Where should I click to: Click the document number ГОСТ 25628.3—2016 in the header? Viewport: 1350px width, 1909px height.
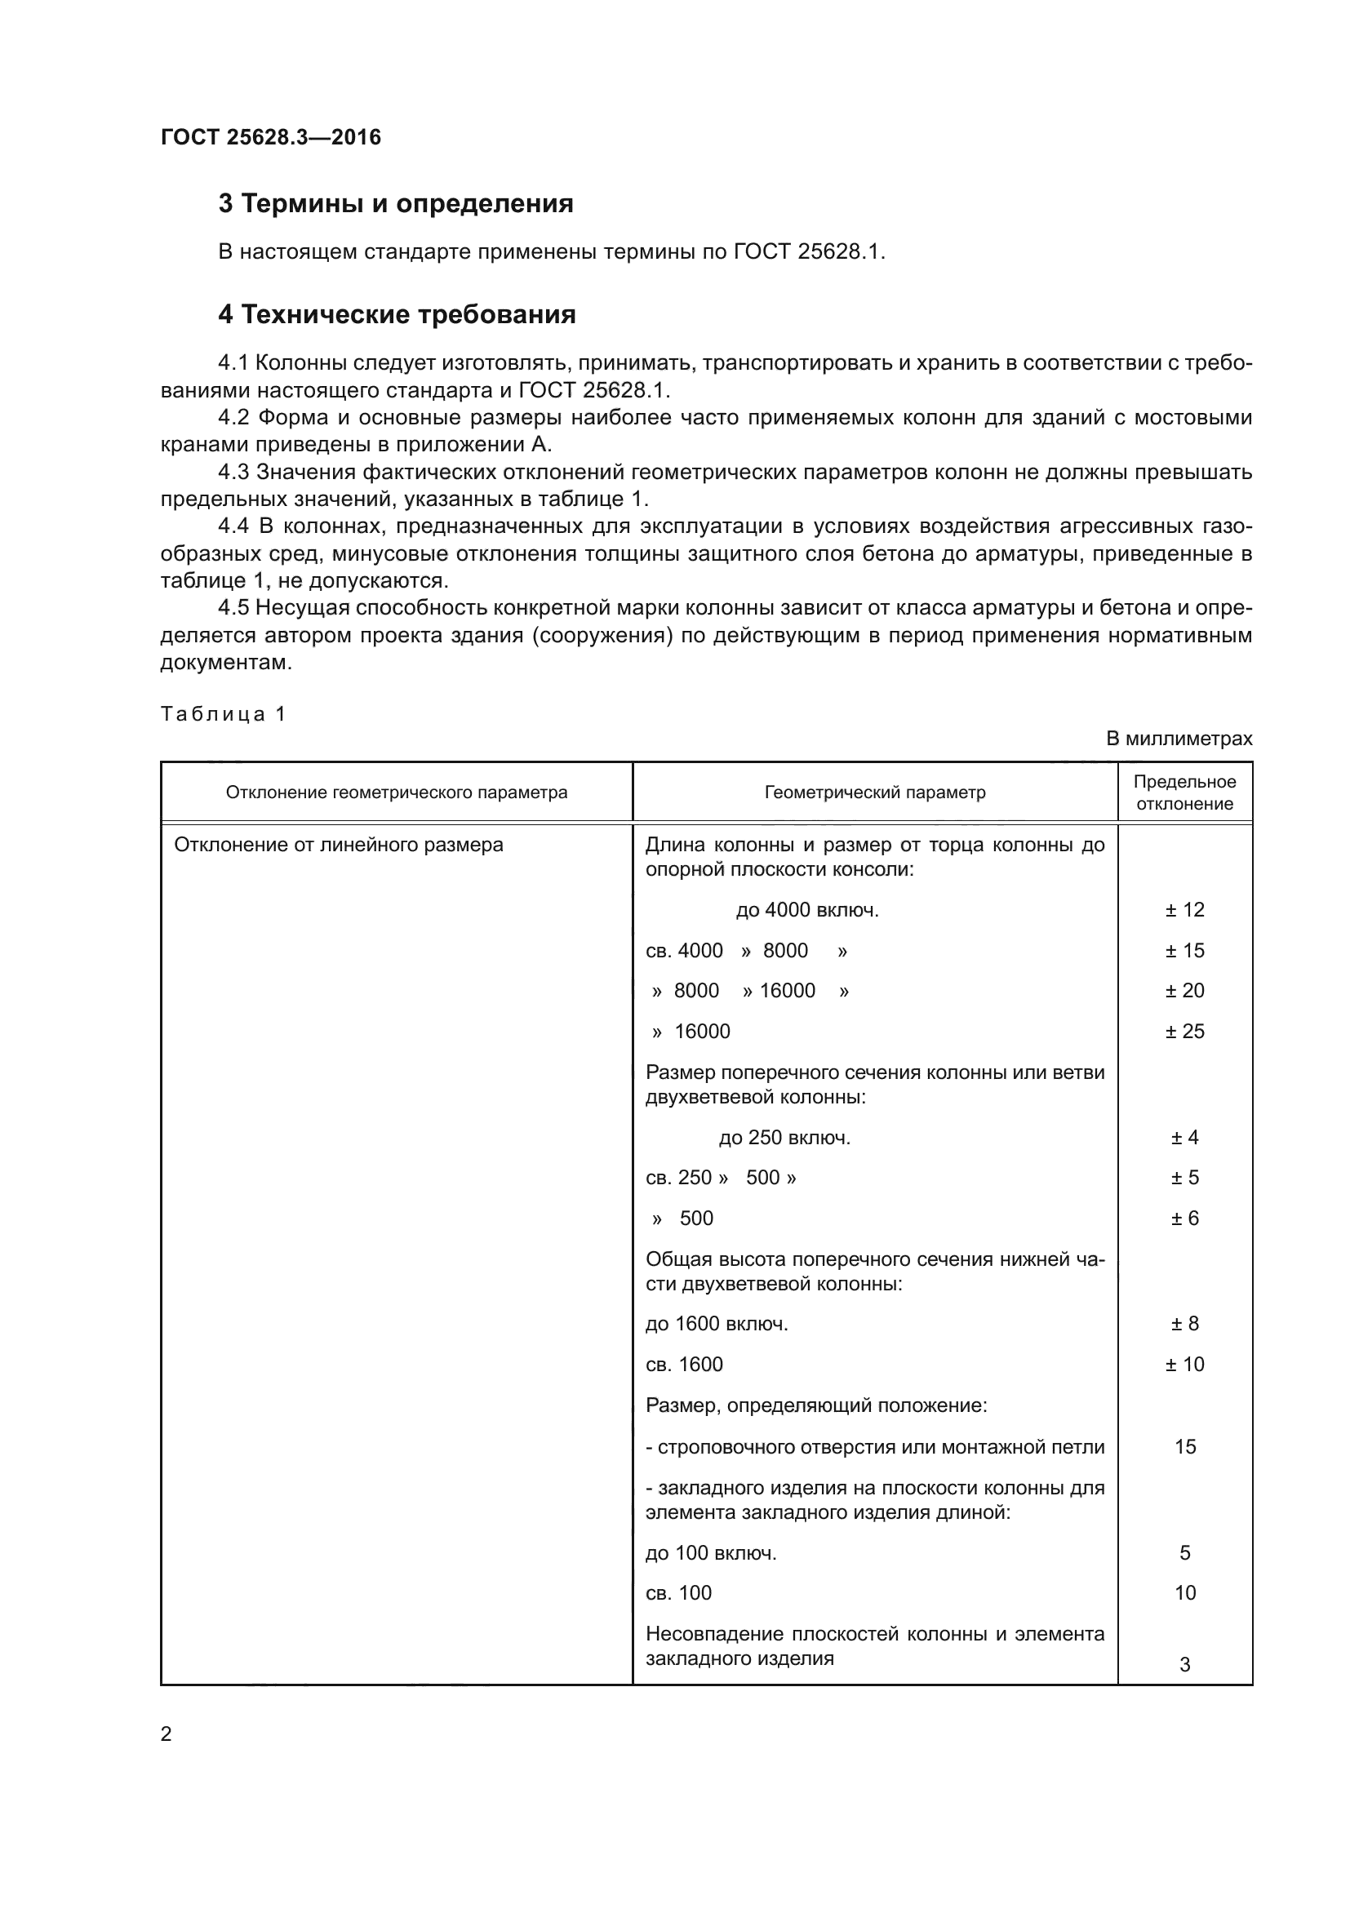(271, 137)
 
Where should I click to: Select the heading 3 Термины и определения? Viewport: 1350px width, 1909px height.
(396, 204)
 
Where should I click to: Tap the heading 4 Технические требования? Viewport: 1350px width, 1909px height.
(397, 314)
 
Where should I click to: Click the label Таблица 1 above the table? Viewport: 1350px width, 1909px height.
(223, 713)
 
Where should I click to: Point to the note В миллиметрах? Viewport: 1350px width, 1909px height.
(1179, 739)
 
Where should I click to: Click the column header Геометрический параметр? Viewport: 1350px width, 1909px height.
(874, 792)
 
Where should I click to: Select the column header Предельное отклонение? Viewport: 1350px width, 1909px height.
(1184, 792)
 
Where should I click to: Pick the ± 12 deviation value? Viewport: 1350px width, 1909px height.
(1184, 909)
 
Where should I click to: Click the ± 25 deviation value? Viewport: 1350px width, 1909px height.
(1184, 1031)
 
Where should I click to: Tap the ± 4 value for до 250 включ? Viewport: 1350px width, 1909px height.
(1184, 1138)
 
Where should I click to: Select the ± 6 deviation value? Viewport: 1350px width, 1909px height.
(1184, 1218)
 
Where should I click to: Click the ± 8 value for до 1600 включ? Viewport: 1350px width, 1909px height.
(1184, 1324)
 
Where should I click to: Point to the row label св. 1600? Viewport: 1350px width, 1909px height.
(684, 1365)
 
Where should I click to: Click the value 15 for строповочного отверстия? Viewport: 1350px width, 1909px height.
(1184, 1447)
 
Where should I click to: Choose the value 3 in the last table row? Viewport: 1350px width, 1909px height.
(1184, 1664)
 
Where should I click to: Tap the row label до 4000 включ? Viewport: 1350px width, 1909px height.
(807, 909)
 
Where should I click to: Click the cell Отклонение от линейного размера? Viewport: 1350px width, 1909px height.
(339, 845)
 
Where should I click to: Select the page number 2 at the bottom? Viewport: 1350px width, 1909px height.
(167, 1734)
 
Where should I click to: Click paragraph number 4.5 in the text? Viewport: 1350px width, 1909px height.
(233, 608)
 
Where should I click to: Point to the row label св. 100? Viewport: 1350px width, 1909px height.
(678, 1593)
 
